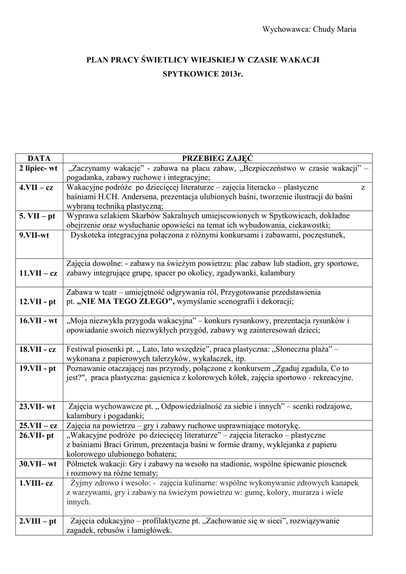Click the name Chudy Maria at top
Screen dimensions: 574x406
(x=335, y=30)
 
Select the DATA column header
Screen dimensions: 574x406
(x=39, y=159)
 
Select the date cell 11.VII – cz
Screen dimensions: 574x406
(x=38, y=273)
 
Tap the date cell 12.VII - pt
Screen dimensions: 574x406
(x=38, y=302)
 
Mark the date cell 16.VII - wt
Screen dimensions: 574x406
(x=38, y=321)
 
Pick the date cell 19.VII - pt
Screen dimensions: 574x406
(x=38, y=368)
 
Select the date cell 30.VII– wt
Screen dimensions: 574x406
(x=38, y=464)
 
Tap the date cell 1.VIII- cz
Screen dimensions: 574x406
(x=36, y=483)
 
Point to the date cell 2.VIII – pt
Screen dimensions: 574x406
(x=38, y=521)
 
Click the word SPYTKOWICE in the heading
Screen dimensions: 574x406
(x=190, y=74)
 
